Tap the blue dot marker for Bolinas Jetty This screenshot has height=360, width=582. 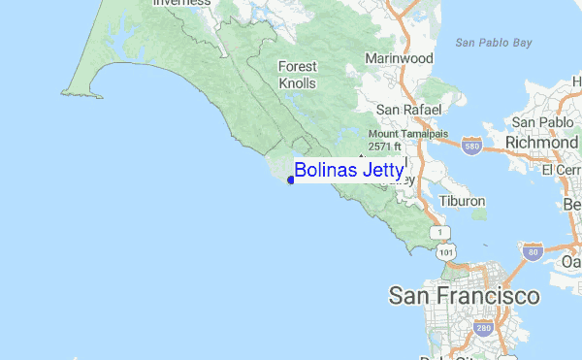291,180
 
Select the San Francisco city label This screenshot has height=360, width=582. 464,295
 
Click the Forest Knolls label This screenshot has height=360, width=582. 298,75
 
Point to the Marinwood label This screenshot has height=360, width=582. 399,58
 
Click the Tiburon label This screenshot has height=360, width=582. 462,201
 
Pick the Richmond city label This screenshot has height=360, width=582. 541,144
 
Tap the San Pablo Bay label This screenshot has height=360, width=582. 494,42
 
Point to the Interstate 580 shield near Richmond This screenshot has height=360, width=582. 472,146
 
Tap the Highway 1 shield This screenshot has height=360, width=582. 443,233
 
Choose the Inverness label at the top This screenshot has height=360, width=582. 181,3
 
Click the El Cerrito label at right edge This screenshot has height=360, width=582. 563,170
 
